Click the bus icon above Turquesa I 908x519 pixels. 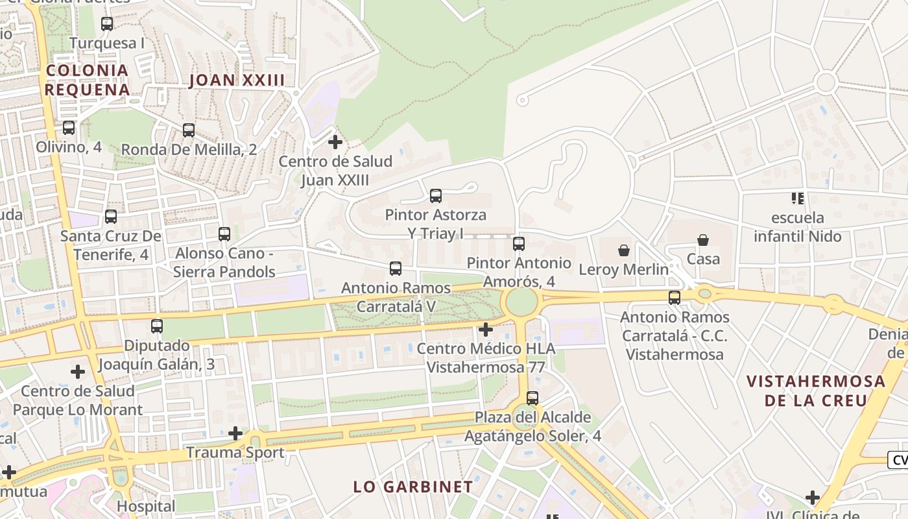tap(107, 24)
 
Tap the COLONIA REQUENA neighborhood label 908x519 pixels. tap(87, 80)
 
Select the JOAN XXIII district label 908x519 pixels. tap(237, 80)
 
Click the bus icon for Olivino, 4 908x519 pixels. tap(69, 128)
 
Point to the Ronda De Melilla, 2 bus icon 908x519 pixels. tap(189, 130)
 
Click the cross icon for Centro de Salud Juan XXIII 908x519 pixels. tap(335, 141)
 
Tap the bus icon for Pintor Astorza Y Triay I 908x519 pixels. tap(436, 195)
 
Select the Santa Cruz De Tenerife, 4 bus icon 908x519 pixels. tap(111, 217)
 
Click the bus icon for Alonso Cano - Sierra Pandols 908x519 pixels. tap(224, 234)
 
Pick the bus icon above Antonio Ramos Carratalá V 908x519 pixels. tap(396, 268)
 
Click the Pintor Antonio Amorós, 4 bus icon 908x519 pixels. tap(519, 244)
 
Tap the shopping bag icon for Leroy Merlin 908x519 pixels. tap(624, 250)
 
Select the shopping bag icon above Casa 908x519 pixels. tap(703, 240)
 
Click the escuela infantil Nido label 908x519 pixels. tap(798, 226)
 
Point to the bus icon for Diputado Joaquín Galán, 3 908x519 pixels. tap(157, 326)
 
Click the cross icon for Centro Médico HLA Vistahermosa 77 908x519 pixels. tap(485, 330)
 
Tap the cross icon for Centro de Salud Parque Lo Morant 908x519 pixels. tap(78, 372)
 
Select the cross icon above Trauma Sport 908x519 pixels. tap(235, 433)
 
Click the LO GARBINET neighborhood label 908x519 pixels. tap(413, 487)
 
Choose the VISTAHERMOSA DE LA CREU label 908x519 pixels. tap(816, 391)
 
